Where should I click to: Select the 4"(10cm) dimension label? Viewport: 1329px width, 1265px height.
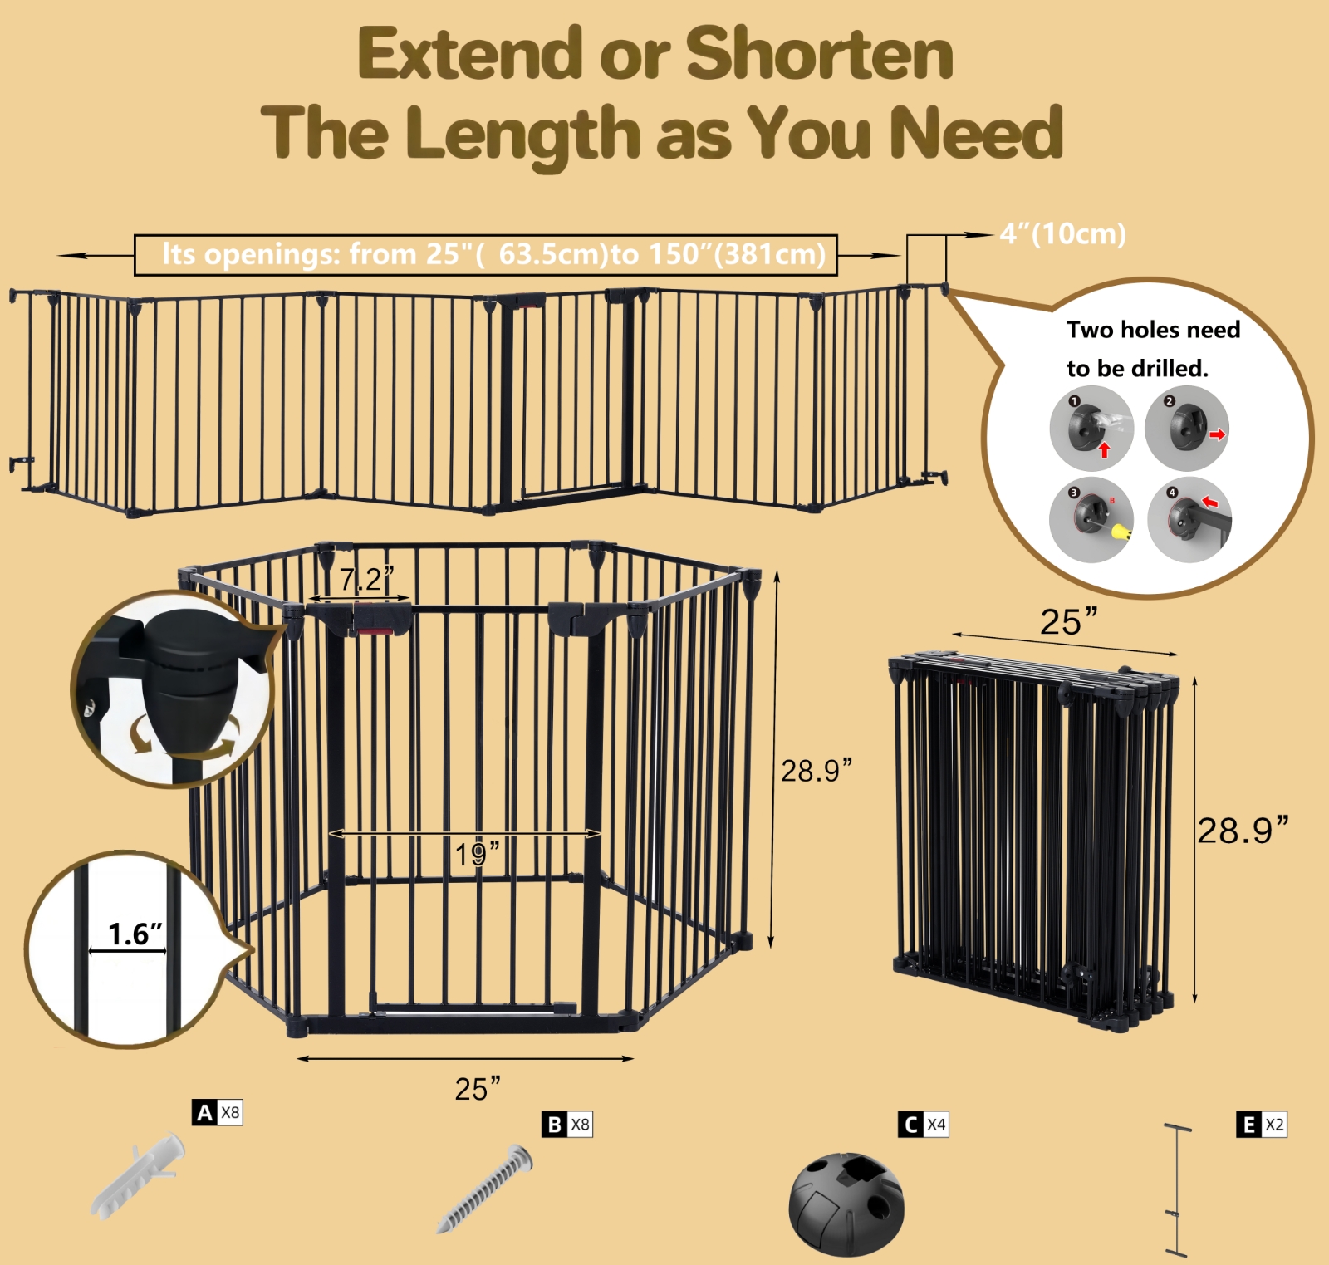pos(1062,234)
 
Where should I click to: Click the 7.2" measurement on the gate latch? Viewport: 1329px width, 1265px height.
pos(365,579)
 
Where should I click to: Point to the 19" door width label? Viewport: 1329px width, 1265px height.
pos(477,854)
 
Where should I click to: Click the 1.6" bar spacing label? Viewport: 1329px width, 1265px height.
pos(135,934)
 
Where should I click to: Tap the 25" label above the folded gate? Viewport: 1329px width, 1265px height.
pos(1068,621)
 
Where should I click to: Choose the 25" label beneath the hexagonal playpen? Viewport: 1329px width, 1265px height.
pos(478,1089)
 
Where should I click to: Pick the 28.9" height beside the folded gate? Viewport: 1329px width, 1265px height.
pos(1243,831)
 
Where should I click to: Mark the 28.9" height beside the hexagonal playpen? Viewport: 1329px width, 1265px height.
pos(817,771)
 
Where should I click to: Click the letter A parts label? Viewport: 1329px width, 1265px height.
pos(204,1113)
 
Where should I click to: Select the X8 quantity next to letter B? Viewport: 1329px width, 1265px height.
pos(580,1125)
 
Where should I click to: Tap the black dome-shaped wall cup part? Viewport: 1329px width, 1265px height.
pos(846,1203)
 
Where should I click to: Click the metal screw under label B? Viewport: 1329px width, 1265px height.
pos(484,1189)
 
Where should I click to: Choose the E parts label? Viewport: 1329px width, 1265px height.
pos(1248,1125)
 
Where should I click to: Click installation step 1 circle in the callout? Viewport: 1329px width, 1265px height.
pos(1091,428)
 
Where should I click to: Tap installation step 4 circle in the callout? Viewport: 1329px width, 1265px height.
pos(1189,519)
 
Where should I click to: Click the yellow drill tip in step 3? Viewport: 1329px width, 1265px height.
pos(1121,531)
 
